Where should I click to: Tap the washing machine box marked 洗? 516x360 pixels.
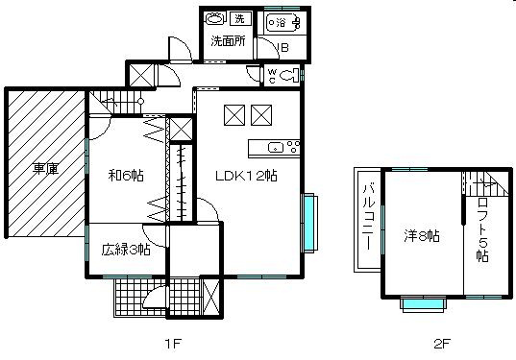click(x=239, y=18)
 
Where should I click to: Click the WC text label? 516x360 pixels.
click(x=271, y=74)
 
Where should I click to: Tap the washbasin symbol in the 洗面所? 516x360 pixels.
click(x=216, y=18)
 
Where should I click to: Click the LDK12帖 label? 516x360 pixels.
click(x=246, y=176)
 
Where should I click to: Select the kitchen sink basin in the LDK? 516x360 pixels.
click(x=273, y=147)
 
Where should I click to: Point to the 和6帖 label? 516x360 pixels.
click(x=125, y=175)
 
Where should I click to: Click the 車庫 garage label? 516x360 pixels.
click(x=45, y=169)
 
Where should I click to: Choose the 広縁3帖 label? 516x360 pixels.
click(x=125, y=250)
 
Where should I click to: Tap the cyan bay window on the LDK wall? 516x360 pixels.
click(x=309, y=223)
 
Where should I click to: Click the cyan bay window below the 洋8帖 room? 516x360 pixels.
click(x=423, y=304)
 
